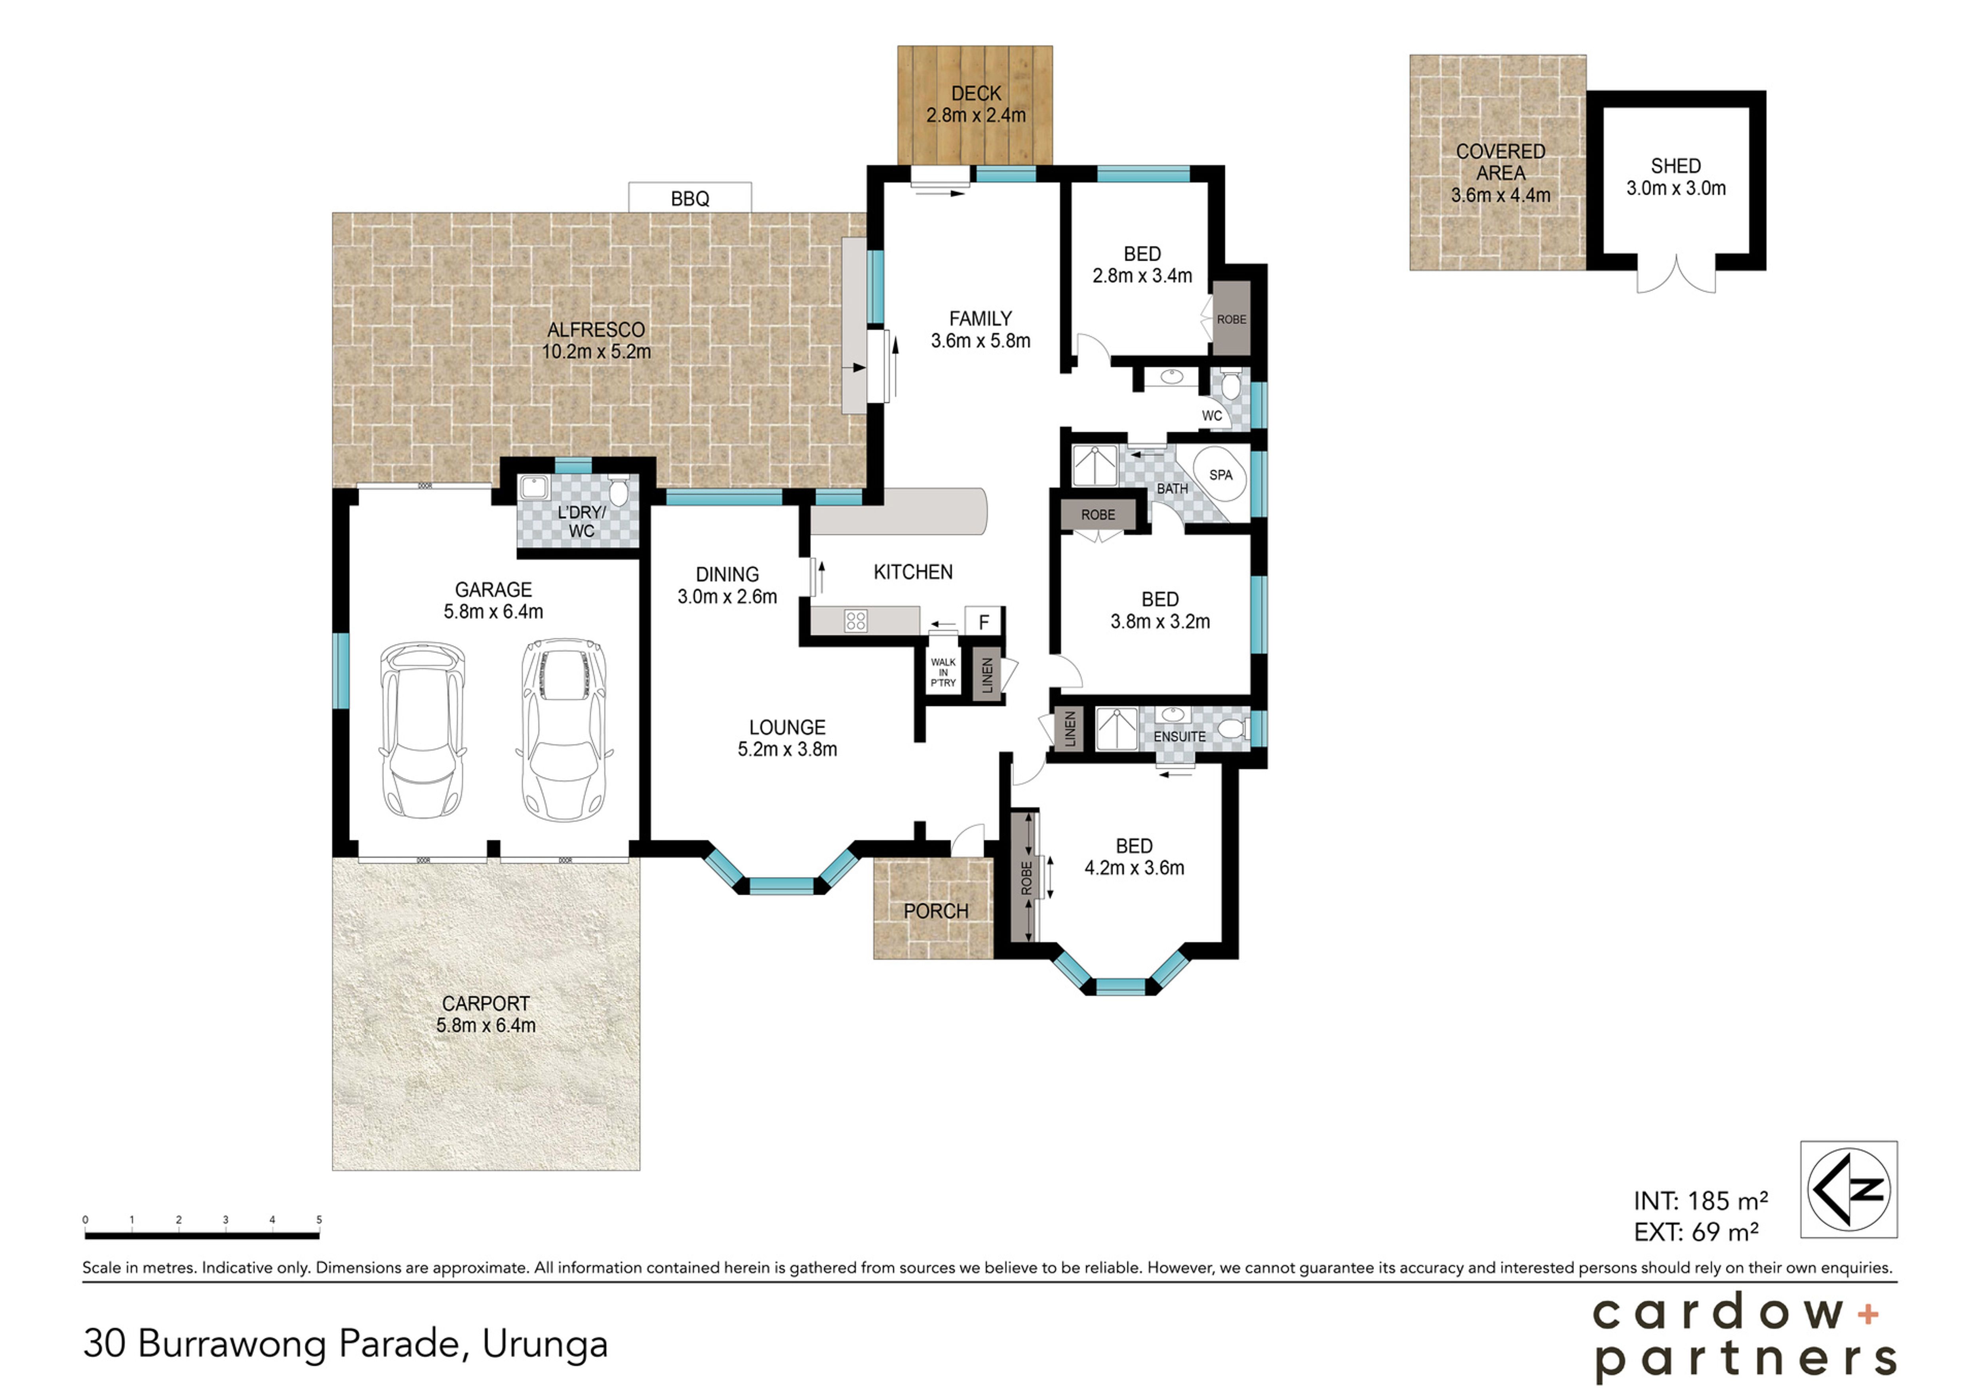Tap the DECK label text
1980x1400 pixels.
pos(976,93)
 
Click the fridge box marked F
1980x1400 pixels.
pos(983,622)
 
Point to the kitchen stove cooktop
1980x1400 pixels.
pos(855,621)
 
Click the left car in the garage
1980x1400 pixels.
pos(423,729)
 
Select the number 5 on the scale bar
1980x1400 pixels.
pos(319,1220)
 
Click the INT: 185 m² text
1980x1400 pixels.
pos(1700,1201)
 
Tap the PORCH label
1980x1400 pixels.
pos(936,911)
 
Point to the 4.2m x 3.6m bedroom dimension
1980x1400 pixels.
pos(1134,868)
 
